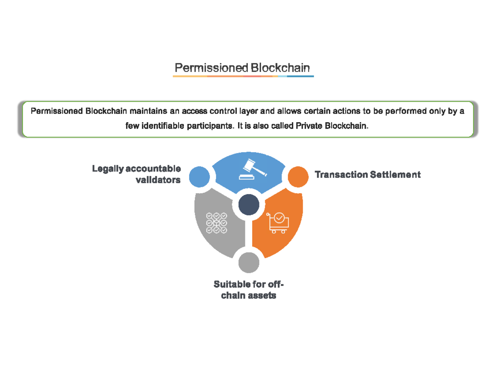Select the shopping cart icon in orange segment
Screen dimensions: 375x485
pyautogui.click(x=278, y=222)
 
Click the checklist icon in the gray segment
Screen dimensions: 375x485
pyautogui.click(x=217, y=223)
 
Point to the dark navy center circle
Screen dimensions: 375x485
pyautogui.click(x=249, y=205)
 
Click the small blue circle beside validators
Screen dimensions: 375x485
pyautogui.click(x=200, y=177)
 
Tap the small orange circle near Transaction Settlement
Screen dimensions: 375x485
pyautogui.click(x=298, y=177)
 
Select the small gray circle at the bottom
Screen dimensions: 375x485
pyautogui.click(x=249, y=263)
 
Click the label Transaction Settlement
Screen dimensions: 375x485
pyautogui.click(x=367, y=175)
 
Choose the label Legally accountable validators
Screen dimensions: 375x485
pyautogui.click(x=136, y=174)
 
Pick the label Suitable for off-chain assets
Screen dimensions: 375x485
pyautogui.click(x=249, y=290)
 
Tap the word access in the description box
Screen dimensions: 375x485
pyautogui.click(x=194, y=111)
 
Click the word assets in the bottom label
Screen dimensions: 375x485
pyautogui.click(x=262, y=296)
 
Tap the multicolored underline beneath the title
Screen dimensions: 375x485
pyautogui.click(x=243, y=76)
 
